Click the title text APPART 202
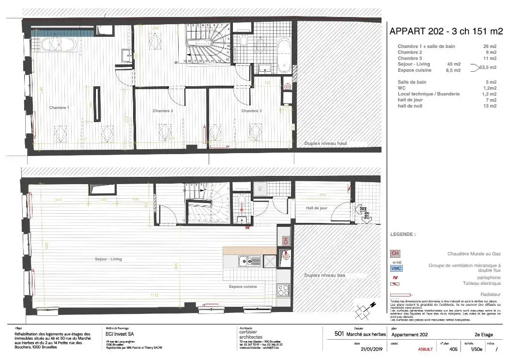pos(419,31)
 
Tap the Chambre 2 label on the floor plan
pos(163,111)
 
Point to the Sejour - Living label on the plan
pos(108,259)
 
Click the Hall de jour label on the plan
pos(317,208)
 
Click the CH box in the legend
pos(395,253)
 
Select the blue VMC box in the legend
pos(396,268)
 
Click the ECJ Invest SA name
pos(120,334)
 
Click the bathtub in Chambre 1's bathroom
pos(58,45)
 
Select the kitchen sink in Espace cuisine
pos(250,262)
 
